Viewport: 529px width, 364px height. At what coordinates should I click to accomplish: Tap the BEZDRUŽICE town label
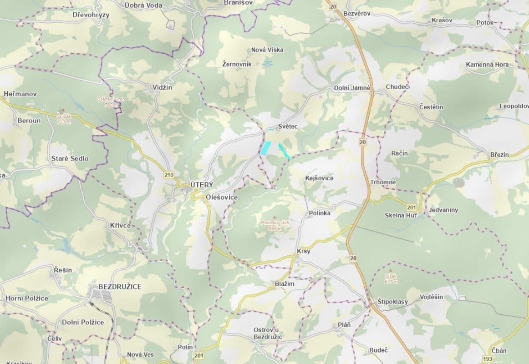pyautogui.click(x=120, y=287)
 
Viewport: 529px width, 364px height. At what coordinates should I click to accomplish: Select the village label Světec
pyautogui.click(x=288, y=126)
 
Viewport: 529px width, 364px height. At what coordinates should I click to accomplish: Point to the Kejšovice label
pyautogui.click(x=319, y=178)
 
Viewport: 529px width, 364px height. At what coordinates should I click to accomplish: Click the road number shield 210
pyautogui.click(x=169, y=174)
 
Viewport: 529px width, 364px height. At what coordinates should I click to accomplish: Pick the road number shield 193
pyautogui.click(x=488, y=359)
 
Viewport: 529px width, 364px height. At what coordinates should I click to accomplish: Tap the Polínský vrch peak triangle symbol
pyautogui.click(x=275, y=217)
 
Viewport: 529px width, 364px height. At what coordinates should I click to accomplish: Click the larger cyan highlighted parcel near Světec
pyautogui.click(x=265, y=147)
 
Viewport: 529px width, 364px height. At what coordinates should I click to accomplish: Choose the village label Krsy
pyautogui.click(x=303, y=251)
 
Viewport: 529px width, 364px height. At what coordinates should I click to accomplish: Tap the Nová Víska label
pyautogui.click(x=267, y=50)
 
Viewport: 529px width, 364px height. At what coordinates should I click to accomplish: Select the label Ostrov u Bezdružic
pyautogui.click(x=268, y=333)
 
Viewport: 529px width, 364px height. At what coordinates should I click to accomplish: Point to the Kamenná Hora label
pyautogui.click(x=487, y=65)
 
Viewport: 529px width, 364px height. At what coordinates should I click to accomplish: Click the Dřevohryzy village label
pyautogui.click(x=91, y=15)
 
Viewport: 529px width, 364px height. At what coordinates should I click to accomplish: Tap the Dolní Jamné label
pyautogui.click(x=352, y=88)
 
